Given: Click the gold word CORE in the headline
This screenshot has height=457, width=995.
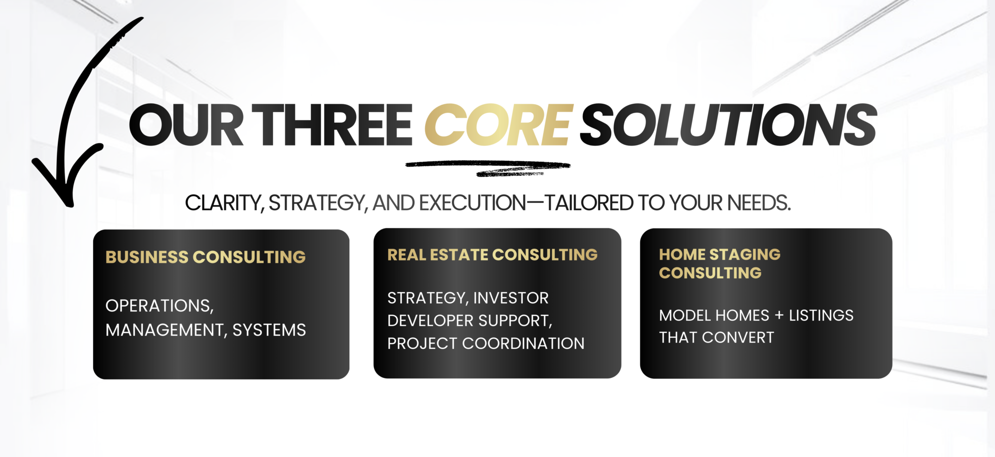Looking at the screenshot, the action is [x=499, y=125].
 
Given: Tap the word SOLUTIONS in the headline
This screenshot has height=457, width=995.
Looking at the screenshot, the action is [x=729, y=125].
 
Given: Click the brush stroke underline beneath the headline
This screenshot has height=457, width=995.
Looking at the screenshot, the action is [x=488, y=168].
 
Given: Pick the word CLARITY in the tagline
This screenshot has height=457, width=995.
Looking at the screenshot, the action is [x=224, y=203].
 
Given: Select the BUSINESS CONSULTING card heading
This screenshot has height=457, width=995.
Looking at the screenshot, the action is [x=206, y=257].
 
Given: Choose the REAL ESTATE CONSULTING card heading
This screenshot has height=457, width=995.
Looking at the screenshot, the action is [x=492, y=255].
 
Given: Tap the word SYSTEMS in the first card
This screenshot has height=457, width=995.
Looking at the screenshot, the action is [x=269, y=330].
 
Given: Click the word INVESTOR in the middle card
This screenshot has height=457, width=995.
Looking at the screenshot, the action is [x=511, y=298].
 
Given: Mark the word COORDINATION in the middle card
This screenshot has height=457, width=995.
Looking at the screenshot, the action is [x=523, y=343].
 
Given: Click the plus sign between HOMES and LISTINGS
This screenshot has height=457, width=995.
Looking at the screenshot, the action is [x=779, y=315].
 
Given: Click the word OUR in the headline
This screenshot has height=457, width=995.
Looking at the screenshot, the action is [x=186, y=125].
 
